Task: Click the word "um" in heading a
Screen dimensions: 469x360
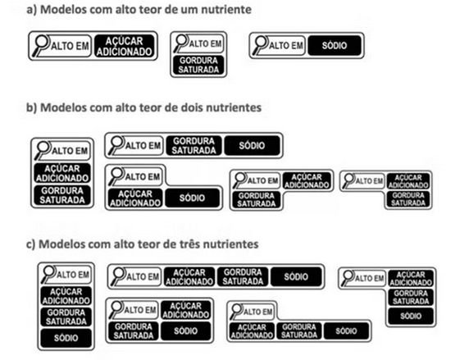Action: click(189, 9)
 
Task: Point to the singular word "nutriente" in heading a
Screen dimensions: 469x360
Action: click(226, 9)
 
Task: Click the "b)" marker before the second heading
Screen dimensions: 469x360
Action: click(31, 107)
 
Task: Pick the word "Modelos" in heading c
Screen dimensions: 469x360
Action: click(62, 244)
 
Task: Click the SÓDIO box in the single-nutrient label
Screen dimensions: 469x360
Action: click(335, 45)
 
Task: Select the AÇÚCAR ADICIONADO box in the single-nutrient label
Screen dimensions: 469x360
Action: click(124, 46)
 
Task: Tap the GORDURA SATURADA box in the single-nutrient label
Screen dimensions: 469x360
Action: click(198, 65)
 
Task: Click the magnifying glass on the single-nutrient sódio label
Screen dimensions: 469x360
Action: click(260, 45)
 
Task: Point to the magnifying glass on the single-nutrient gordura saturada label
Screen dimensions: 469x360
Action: click(181, 43)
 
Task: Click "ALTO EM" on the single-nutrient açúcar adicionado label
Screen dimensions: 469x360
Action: click(70, 46)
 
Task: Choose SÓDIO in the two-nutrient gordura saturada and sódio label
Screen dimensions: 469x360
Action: click(252, 145)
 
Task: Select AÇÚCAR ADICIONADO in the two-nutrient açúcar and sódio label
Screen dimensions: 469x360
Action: click(135, 198)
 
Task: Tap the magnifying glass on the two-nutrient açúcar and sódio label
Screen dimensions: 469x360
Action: click(116, 176)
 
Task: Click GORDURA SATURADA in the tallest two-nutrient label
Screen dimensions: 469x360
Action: click(62, 195)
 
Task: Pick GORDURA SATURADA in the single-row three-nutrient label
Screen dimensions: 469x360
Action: click(243, 276)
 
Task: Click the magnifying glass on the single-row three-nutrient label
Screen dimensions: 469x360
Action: click(118, 276)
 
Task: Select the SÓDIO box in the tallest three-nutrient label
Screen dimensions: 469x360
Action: click(66, 338)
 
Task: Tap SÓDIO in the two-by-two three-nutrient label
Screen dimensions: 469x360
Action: click(185, 330)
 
